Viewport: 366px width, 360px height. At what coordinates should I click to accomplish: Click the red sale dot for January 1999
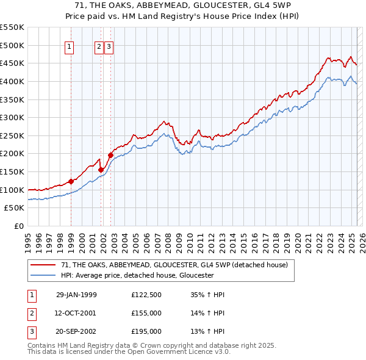tap(71, 181)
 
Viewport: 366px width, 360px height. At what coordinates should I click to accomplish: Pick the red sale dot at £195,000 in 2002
tap(110, 155)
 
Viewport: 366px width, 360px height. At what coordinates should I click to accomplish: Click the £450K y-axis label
tap(12, 63)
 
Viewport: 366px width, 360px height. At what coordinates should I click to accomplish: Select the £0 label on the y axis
tap(18, 226)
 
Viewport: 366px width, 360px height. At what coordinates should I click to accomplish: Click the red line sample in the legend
tap(43, 265)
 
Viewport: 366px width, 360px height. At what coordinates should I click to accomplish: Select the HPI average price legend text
tap(137, 275)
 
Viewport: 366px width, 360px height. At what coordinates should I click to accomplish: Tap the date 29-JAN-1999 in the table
tap(76, 295)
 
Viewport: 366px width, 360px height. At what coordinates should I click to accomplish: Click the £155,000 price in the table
tap(146, 313)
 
